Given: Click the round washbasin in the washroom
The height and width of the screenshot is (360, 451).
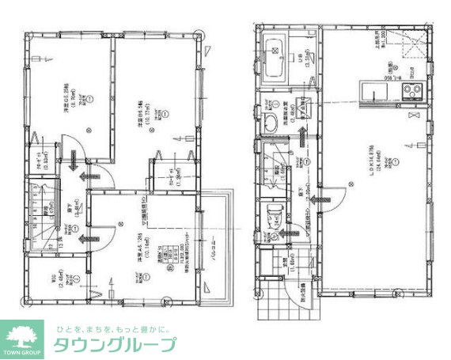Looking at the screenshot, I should (269, 121).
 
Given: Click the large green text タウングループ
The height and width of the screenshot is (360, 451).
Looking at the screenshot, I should (115, 345).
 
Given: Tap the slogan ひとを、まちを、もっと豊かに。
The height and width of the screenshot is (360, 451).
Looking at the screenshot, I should (115, 328).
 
